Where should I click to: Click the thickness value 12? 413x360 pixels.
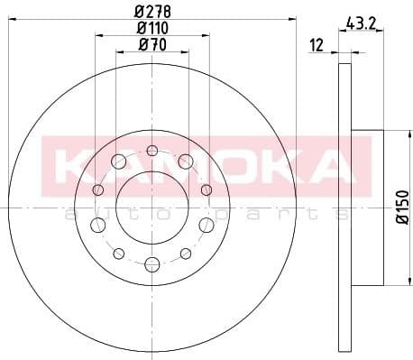pyautogui.click(x=316, y=45)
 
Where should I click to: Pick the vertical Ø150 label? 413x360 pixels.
pyautogui.click(x=402, y=207)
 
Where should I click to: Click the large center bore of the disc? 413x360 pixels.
pyautogui.click(x=151, y=208)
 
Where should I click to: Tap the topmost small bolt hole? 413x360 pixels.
pyautogui.click(x=151, y=150)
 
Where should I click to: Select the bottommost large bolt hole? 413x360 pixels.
pyautogui.click(x=151, y=263)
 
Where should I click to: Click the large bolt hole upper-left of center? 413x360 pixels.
pyautogui.click(x=118, y=162)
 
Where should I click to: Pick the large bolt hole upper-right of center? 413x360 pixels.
pyautogui.click(x=185, y=162)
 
